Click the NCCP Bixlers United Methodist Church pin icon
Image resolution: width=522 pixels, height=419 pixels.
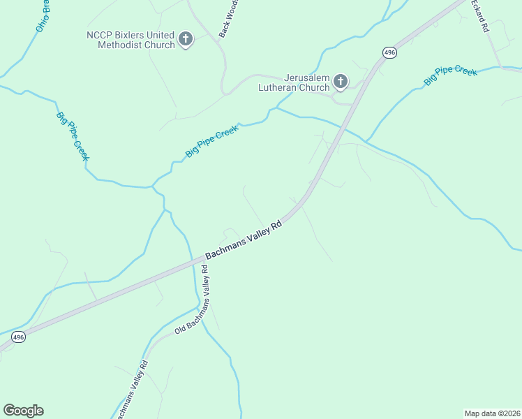pos(186,39)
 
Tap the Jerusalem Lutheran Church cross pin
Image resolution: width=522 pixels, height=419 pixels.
pos(341,82)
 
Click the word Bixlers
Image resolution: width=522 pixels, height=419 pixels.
pos(130,35)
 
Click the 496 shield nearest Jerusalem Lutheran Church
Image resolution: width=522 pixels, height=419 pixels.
pos(389,52)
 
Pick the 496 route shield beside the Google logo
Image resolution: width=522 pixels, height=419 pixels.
pos(19,337)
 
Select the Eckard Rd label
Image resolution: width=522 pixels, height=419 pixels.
pos(479,15)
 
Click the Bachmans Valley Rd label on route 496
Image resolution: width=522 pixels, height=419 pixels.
pos(243,241)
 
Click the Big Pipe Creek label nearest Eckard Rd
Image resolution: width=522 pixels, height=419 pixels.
pos(450,75)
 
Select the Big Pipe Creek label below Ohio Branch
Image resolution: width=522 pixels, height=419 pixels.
pos(73,135)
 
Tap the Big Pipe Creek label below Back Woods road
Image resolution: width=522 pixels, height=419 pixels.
pos(212,140)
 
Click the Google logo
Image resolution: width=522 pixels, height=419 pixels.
pos(23,411)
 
